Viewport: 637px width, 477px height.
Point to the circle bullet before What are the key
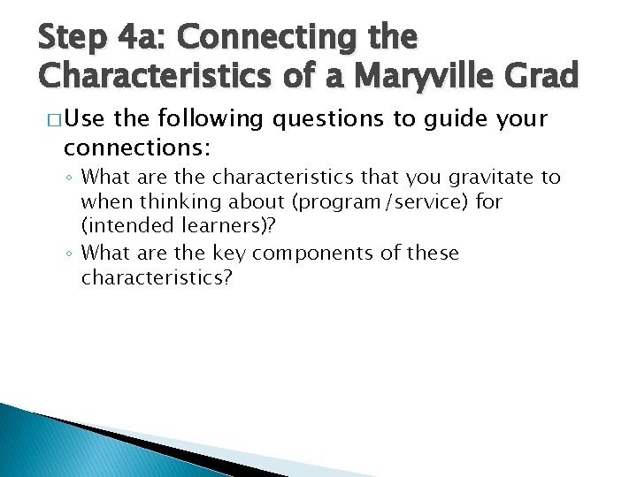pyautogui.click(x=70, y=254)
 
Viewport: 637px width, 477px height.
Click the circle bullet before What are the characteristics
pyautogui.click(x=70, y=178)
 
